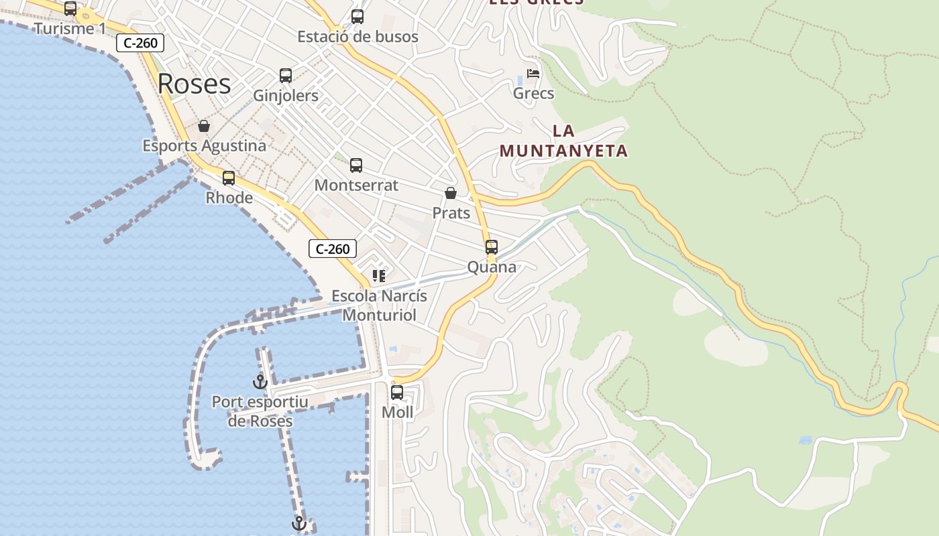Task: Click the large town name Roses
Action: pos(195,84)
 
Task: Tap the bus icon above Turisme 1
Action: pos(70,9)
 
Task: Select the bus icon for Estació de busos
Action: pos(357,17)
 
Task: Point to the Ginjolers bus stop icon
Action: pos(286,76)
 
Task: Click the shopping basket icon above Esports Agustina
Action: pos(204,126)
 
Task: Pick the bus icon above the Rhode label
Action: pos(229,178)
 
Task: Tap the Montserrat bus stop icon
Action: pos(356,165)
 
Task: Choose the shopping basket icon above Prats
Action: pos(451,194)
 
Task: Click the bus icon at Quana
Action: pos(492,247)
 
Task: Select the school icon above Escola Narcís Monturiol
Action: pos(379,275)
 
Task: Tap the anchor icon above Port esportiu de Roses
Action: pos(260,382)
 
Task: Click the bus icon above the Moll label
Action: pos(397,393)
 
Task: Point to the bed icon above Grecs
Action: pos(533,74)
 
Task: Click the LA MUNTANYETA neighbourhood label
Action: pos(563,141)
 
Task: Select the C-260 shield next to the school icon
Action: pos(333,249)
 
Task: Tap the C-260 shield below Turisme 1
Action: pos(140,44)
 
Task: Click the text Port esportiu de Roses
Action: pos(260,411)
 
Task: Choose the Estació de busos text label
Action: pos(357,37)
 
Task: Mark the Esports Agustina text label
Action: pos(204,145)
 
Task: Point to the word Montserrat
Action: pos(356,185)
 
